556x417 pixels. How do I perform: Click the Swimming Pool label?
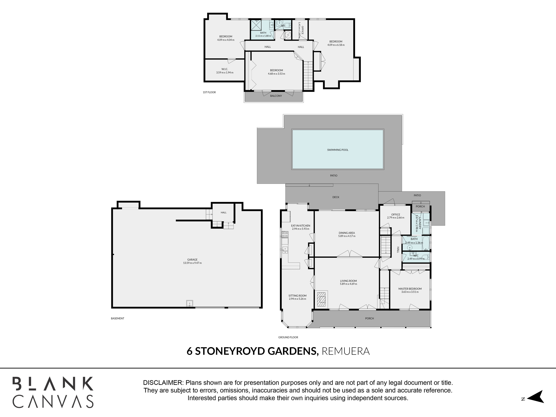point(338,150)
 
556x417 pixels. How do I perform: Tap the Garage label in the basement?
point(192,260)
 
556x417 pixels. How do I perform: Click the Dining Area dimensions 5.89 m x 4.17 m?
point(347,236)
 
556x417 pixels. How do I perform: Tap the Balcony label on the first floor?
point(276,96)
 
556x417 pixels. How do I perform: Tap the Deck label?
point(336,197)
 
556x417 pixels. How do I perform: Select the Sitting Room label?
point(298,296)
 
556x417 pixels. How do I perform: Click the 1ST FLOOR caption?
point(209,92)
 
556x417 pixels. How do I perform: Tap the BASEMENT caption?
point(118,318)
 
